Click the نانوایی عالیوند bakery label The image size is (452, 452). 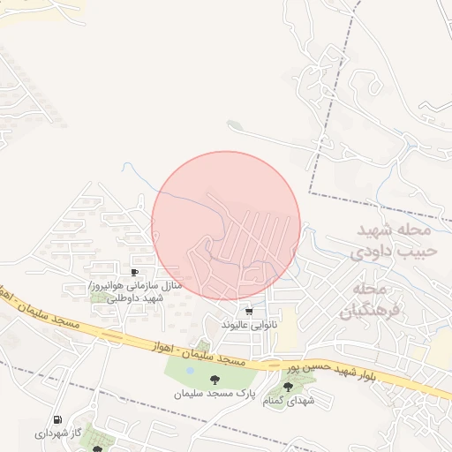[249, 325]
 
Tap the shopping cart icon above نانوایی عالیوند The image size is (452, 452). [249, 311]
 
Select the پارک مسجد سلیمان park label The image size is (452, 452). [212, 392]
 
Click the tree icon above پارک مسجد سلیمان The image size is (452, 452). [212, 380]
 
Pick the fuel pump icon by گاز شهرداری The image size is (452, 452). [57, 419]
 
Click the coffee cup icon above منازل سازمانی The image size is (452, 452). [134, 273]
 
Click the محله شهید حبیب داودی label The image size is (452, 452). [393, 240]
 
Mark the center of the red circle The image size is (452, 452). [226, 226]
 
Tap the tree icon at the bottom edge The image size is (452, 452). [97, 448]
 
